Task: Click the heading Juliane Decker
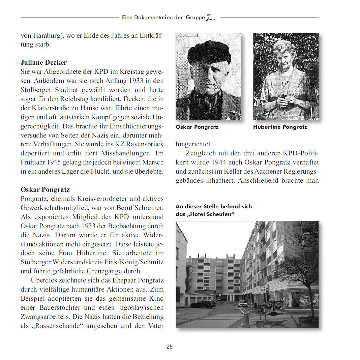pyautogui.click(x=43, y=62)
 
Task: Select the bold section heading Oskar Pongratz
pyautogui.click(x=45, y=189)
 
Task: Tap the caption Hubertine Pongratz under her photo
pyautogui.click(x=280, y=127)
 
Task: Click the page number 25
pyautogui.click(x=170, y=347)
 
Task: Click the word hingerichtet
pyautogui.click(x=194, y=144)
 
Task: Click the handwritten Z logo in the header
pyautogui.click(x=211, y=17)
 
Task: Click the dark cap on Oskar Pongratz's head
pyautogui.click(x=209, y=52)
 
